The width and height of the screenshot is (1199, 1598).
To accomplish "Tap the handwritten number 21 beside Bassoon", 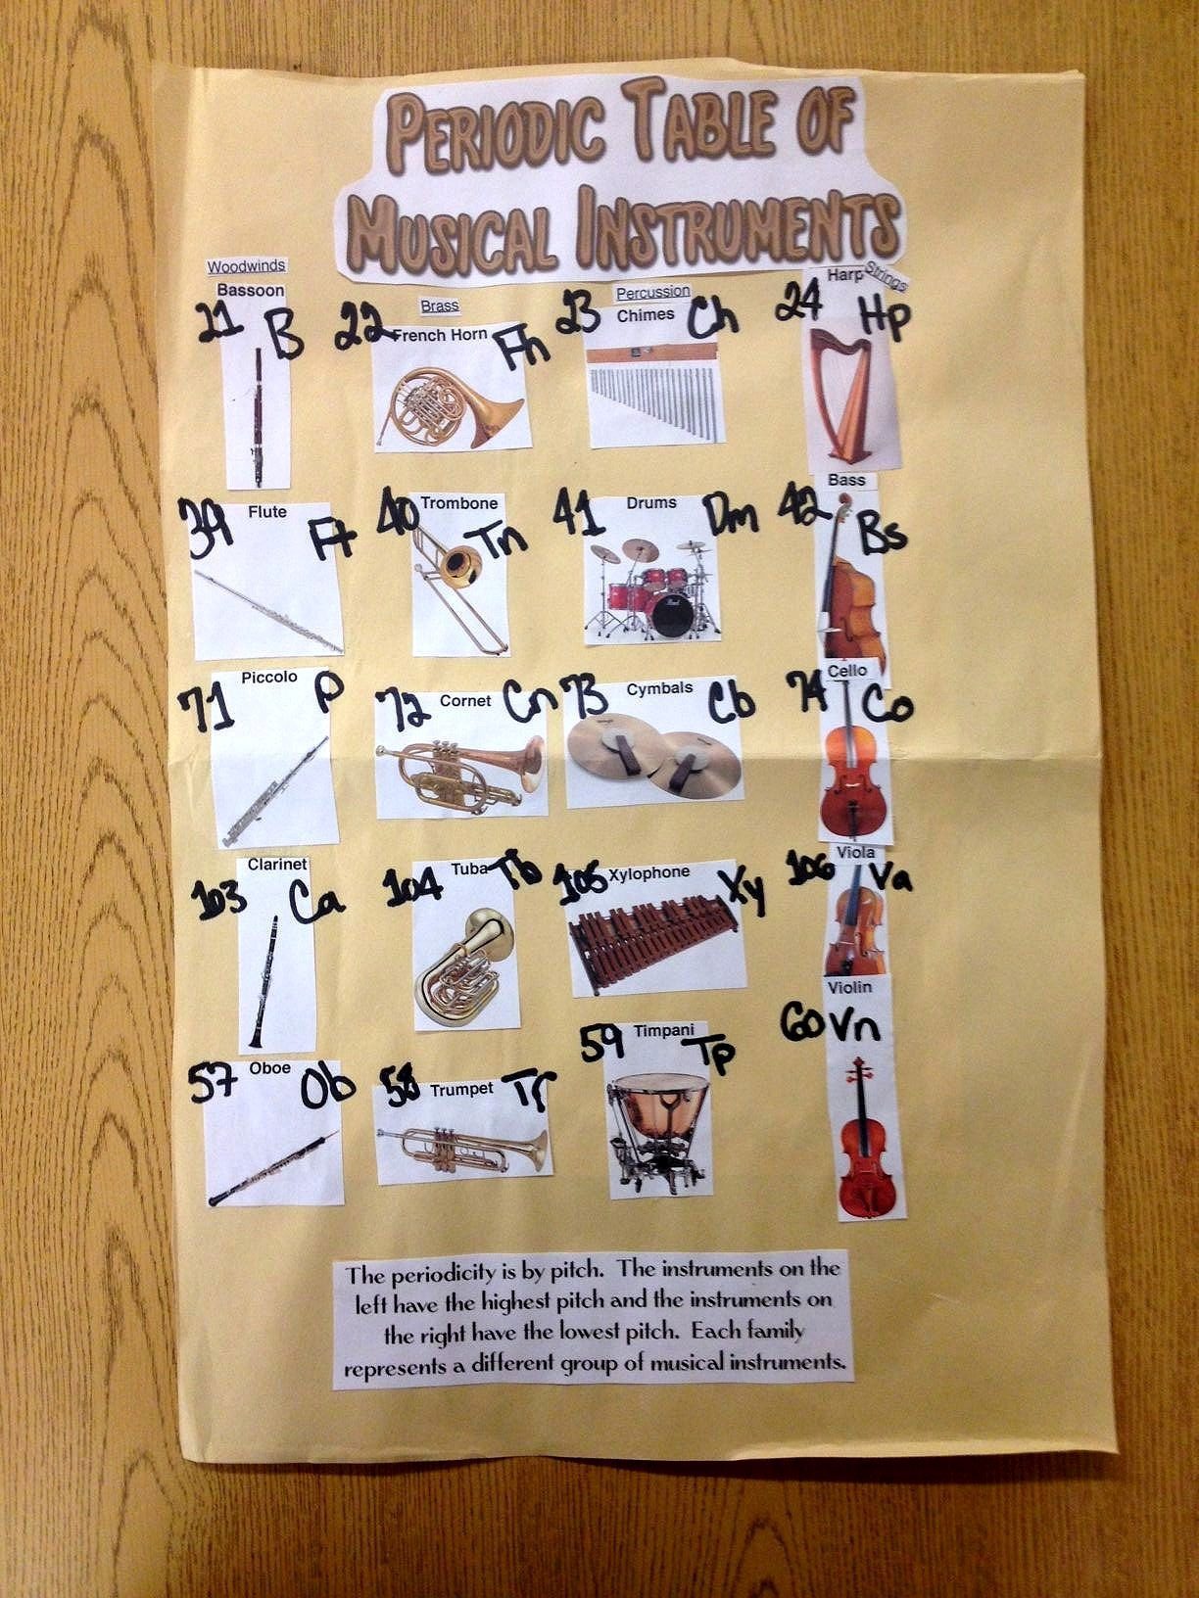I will (220, 322).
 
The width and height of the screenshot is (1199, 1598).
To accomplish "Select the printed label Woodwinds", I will (246, 266).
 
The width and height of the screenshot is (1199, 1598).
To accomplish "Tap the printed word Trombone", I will (458, 503).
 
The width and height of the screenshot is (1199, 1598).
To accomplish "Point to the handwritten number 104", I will (412, 887).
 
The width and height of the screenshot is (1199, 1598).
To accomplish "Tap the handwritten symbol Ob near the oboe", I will (327, 1088).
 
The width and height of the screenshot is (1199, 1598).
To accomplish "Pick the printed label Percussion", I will (653, 292).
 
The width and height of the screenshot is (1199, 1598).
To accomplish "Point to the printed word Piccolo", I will (269, 678).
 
